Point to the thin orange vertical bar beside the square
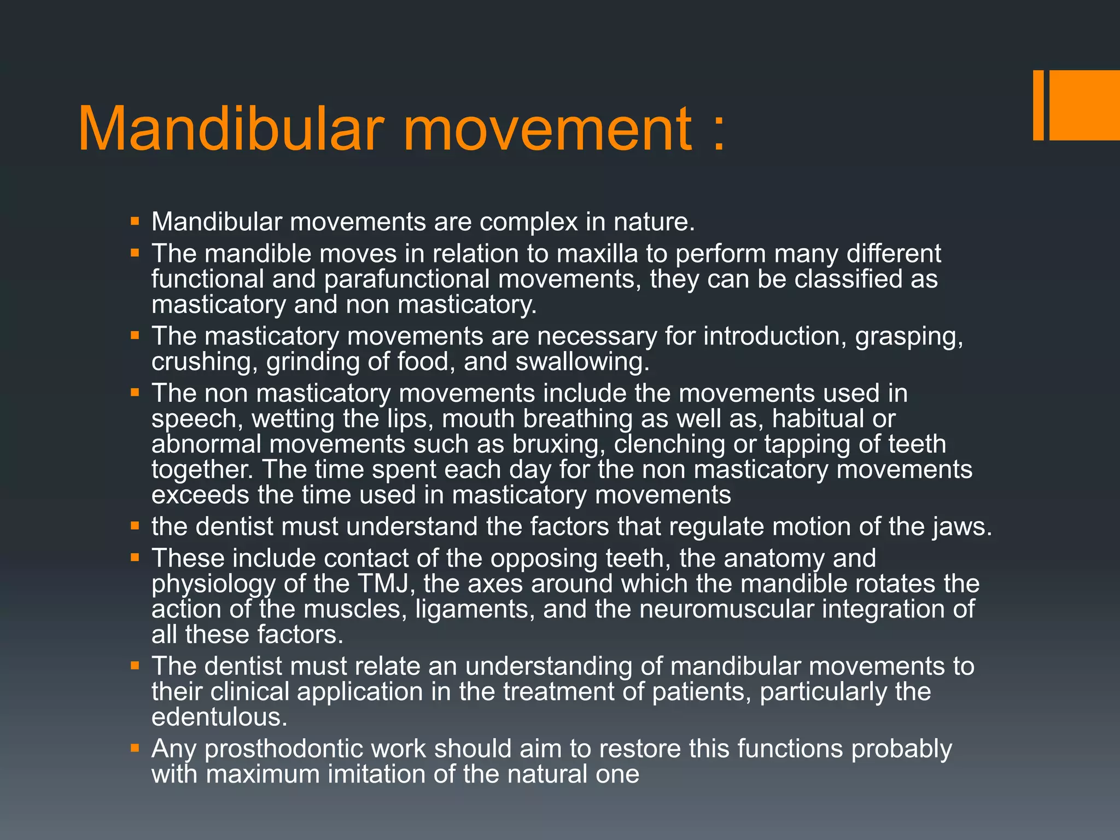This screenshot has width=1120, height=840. [x=1038, y=105]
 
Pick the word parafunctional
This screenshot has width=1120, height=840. [x=407, y=279]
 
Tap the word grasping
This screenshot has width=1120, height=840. [x=908, y=336]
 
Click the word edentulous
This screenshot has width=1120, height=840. [x=219, y=717]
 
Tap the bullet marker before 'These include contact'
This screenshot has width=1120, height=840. [x=135, y=557]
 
